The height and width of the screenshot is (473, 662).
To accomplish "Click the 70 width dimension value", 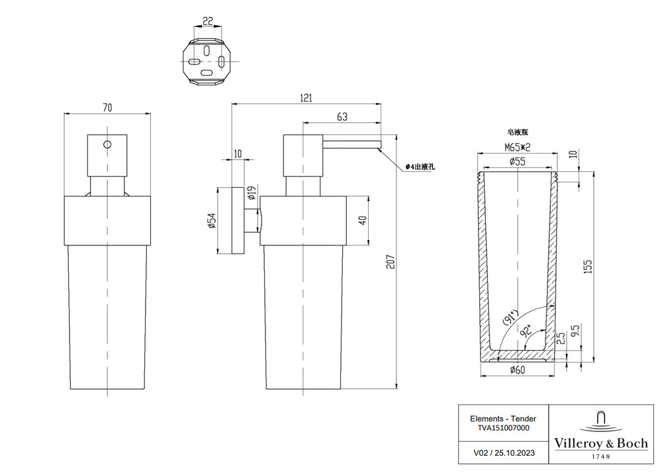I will (107, 107).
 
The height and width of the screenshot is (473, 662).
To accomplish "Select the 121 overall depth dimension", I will (305, 97).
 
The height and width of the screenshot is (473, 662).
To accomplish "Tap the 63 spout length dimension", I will (342, 117).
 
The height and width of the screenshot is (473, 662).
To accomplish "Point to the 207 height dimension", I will (403, 262).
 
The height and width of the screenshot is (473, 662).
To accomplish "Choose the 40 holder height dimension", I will (362, 221).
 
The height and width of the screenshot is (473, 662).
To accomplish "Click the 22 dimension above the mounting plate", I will (207, 21).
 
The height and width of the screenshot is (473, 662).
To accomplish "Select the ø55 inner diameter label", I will (518, 161).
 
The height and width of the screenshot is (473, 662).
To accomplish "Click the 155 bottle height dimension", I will (589, 266).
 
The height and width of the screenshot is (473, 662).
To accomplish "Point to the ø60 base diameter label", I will (518, 370).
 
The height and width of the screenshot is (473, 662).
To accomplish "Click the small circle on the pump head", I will (107, 144).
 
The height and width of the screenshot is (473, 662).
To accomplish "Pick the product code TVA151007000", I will (503, 427).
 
